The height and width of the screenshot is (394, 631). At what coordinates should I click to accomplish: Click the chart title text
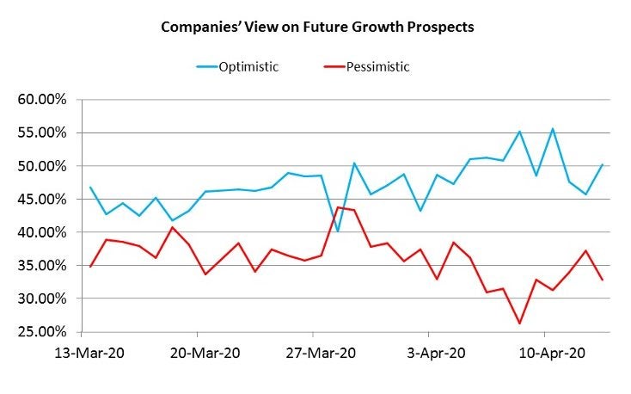[x=317, y=27]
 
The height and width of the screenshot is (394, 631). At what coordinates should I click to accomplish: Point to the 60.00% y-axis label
[x=42, y=100]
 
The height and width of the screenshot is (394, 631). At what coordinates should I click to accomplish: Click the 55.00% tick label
[x=42, y=133]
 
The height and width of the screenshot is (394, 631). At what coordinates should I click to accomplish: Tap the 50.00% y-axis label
[x=42, y=166]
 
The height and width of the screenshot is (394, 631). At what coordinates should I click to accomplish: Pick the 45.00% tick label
[x=42, y=200]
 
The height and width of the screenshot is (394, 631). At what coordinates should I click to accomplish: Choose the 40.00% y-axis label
[x=42, y=232]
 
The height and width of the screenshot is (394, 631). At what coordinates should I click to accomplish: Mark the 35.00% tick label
[x=42, y=266]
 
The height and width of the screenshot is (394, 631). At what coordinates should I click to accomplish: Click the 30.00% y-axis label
[x=42, y=299]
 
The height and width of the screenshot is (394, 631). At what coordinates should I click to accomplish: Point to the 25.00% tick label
[x=42, y=332]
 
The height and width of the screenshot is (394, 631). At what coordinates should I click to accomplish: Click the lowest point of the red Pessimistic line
[x=519, y=323]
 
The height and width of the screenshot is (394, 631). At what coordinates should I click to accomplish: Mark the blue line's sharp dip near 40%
[x=338, y=231]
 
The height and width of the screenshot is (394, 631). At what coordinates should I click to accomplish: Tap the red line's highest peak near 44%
[x=338, y=207]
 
